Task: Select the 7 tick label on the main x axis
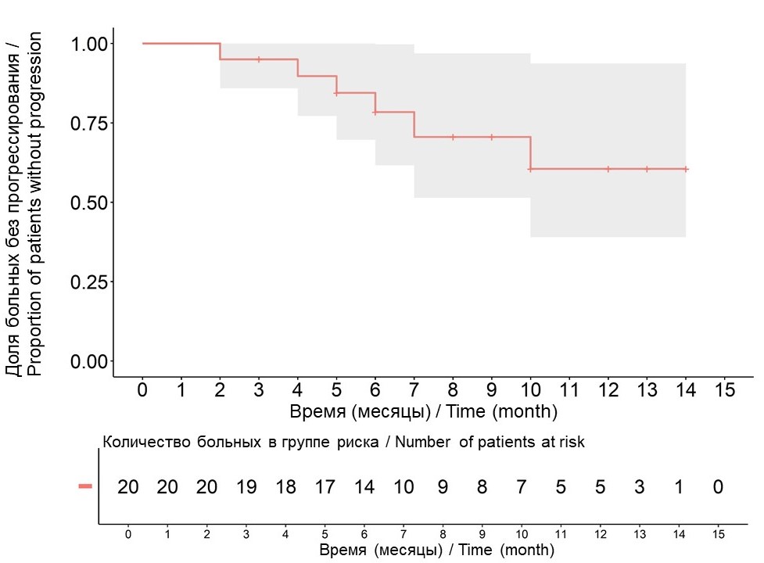(x=414, y=389)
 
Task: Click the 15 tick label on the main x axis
(x=724, y=389)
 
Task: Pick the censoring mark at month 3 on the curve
(x=259, y=59)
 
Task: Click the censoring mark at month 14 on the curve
(x=686, y=169)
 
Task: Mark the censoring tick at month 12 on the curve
(x=608, y=169)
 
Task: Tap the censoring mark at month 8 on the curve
(x=453, y=137)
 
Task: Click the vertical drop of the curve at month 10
(x=530, y=152)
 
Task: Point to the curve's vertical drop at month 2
(x=220, y=52)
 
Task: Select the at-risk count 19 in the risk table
(x=246, y=487)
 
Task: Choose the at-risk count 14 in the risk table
(x=364, y=487)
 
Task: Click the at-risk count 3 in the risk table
(x=640, y=487)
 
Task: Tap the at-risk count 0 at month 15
(x=718, y=487)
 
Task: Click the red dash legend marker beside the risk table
(x=85, y=486)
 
